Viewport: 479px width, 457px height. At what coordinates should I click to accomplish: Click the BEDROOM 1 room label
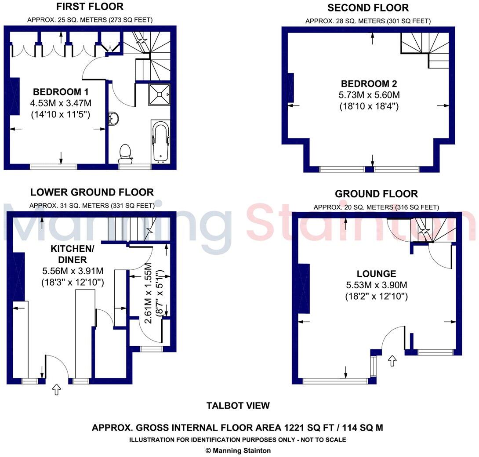[61, 92]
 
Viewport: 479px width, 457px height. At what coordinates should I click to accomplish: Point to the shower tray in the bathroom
[160, 94]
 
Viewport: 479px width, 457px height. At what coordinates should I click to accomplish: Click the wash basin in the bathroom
[113, 119]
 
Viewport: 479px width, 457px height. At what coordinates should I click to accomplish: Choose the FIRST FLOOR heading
[90, 7]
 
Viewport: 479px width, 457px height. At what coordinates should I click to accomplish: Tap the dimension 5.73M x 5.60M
[369, 95]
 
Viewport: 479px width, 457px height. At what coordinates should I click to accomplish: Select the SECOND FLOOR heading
[368, 8]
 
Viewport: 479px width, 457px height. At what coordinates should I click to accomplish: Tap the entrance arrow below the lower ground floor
[56, 389]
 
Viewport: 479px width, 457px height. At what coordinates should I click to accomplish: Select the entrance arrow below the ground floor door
[392, 361]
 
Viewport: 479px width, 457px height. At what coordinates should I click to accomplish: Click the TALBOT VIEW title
[238, 406]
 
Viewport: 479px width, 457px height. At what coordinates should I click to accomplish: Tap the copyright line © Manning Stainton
[238, 450]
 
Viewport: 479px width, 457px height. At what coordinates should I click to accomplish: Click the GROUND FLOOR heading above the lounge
[376, 194]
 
